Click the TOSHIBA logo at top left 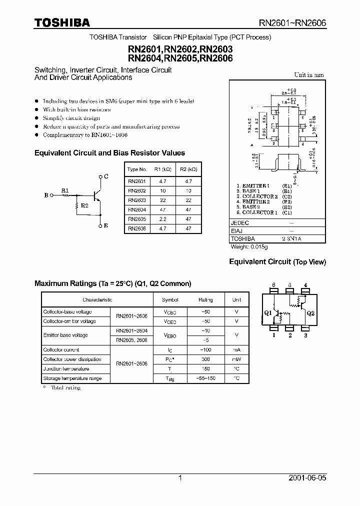[62, 22]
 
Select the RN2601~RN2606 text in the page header [292, 22]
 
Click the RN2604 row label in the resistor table [137, 210]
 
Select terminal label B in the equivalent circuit [46, 195]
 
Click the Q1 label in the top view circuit [267, 313]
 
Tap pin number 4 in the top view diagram [305, 285]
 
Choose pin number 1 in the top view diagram [274, 335]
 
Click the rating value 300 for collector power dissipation [205, 359]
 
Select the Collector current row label [61, 350]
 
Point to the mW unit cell [236, 359]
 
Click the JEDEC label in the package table [240, 223]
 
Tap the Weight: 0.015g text [249, 247]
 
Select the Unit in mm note [308, 75]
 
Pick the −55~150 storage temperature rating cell [205, 378]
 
